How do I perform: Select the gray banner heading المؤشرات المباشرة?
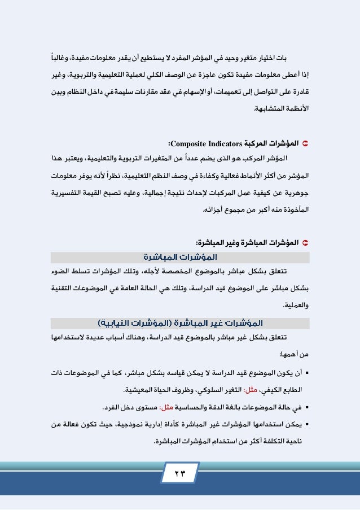[181, 258]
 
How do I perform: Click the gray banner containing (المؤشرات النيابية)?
[181, 322]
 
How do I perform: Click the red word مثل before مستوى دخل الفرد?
[167, 407]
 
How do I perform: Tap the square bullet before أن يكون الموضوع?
[306, 373]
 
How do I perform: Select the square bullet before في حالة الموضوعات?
[306, 407]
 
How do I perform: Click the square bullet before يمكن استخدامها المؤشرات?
[306, 424]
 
